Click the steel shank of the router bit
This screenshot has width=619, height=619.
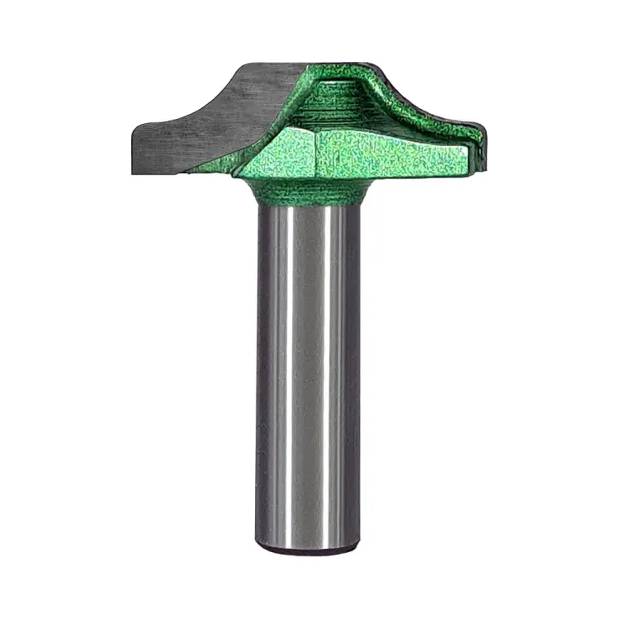307,371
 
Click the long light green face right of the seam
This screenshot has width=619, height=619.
388,153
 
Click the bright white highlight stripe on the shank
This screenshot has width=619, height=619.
334,371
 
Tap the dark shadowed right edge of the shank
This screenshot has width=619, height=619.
355,371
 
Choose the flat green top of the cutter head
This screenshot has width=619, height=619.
338,66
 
